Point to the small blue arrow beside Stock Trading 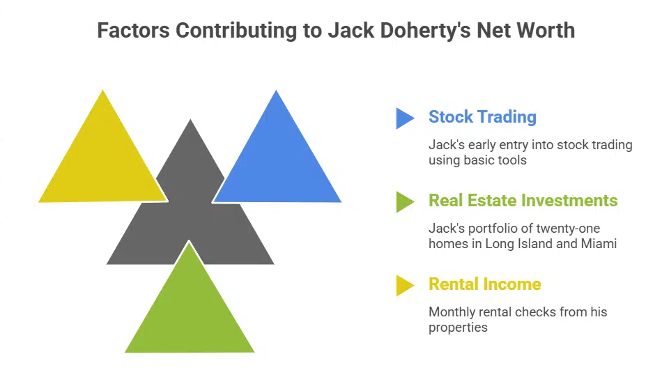pos(404,118)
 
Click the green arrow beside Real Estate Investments pos(404,201)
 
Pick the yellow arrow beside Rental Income pos(404,285)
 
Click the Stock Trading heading pos(482,117)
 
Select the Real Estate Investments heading pos(523,201)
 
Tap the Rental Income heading pos(484,284)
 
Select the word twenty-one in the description pos(565,229)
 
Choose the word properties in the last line pos(458,328)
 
